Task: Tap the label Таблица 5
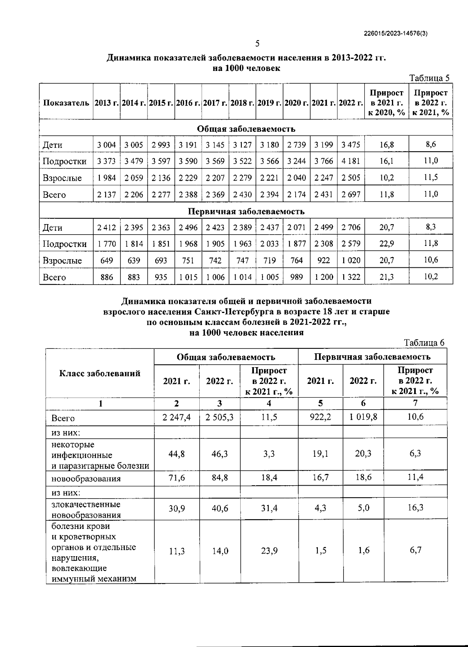429,78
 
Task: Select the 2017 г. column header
215,103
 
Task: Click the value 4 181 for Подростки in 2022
351,161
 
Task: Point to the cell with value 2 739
296,145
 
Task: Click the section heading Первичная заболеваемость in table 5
246,211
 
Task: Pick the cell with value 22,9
386,244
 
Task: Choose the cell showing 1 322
351,277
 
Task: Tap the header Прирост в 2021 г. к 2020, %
386,103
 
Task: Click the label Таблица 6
424,343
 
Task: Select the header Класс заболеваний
100,373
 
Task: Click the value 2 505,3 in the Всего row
220,418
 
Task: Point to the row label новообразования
86,479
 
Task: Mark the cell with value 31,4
269,508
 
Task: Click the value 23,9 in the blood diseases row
269,551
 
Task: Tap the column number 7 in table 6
415,403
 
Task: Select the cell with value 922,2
320,417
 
